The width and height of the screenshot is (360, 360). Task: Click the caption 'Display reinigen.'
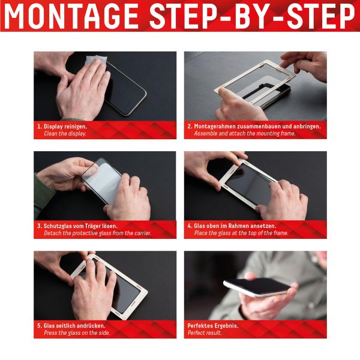[65, 127]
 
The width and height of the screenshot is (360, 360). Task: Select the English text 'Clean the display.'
[65, 134]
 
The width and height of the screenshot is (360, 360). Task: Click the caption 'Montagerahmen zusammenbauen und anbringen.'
[257, 127]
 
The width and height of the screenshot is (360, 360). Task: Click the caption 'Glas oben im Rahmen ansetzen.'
[238, 226]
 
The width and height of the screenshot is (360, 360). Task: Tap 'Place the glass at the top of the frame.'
[241, 233]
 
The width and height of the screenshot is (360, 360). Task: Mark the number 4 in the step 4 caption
[189, 226]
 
